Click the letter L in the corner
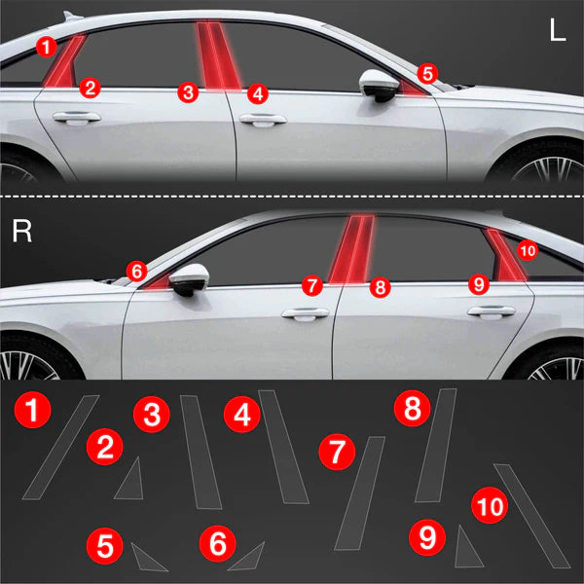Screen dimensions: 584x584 (558, 29)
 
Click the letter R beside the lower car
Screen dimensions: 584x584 (21, 231)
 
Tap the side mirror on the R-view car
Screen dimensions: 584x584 (189, 279)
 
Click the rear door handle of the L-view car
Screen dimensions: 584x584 (77, 118)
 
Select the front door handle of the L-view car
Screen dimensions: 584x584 (263, 120)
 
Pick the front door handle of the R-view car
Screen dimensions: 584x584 (306, 313)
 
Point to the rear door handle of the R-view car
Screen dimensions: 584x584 (492, 311)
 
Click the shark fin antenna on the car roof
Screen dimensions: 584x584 (72, 16)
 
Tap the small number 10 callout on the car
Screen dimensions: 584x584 (528, 251)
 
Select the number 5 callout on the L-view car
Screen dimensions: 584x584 (427, 74)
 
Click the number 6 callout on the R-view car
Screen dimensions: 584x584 (136, 272)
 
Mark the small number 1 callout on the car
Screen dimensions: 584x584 (47, 47)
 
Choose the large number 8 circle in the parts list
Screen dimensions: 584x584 (413, 408)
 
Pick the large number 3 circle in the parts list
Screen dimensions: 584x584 (152, 415)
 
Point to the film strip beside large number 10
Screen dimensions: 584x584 (531, 516)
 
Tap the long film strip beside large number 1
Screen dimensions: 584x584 (60, 448)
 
